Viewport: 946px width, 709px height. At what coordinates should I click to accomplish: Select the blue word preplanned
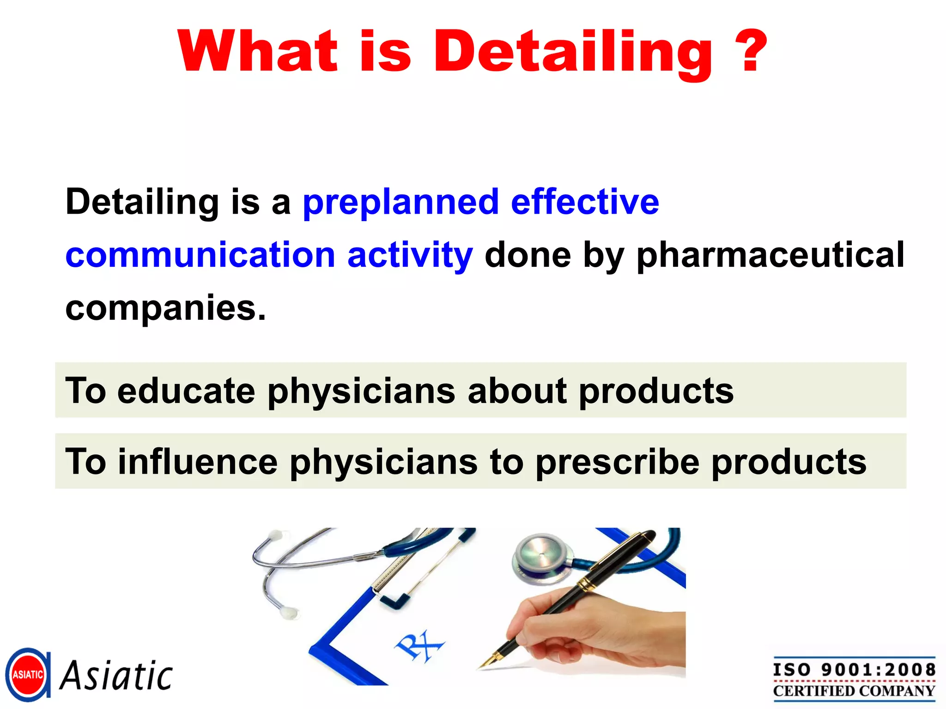click(400, 203)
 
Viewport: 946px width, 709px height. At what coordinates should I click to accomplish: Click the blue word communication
click(200, 255)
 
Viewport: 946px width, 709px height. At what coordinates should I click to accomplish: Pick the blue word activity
click(410, 256)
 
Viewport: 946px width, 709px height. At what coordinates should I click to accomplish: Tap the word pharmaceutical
click(770, 256)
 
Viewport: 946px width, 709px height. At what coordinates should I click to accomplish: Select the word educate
click(186, 391)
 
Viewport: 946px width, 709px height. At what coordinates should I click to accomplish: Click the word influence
click(198, 462)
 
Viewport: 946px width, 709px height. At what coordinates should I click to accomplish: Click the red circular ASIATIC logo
click(28, 675)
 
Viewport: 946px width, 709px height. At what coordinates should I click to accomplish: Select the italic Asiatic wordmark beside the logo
click(116, 676)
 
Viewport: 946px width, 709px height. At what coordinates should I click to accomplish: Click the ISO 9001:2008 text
click(854, 670)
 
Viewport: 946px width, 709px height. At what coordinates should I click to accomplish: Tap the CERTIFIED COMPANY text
click(854, 691)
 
